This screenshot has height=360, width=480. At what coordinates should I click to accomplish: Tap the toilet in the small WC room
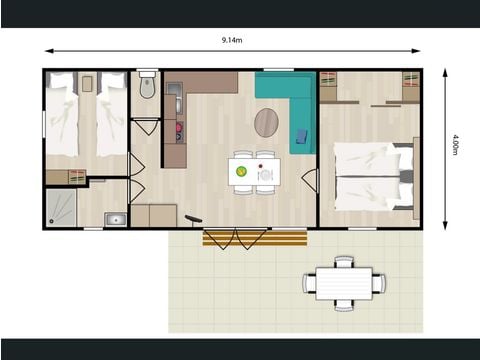[x=147, y=87]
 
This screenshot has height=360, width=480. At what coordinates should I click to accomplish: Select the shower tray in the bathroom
[x=60, y=207]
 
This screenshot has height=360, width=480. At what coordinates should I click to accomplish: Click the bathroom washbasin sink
[x=115, y=218]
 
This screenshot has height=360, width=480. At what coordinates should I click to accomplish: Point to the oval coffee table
[x=267, y=123]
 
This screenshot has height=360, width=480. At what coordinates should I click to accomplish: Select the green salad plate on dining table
[x=241, y=171]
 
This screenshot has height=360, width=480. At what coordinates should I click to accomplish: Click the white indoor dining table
[x=253, y=171]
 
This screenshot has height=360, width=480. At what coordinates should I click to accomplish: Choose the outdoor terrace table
[x=344, y=282]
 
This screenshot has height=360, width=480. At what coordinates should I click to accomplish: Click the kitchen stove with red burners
[x=179, y=131]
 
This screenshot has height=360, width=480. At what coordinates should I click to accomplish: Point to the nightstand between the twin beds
[x=87, y=82]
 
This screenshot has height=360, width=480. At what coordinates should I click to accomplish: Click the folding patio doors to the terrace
[x=236, y=237]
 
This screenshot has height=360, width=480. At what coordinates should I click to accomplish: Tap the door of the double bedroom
[x=310, y=180]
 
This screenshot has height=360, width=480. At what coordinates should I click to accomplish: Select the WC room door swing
[x=146, y=126]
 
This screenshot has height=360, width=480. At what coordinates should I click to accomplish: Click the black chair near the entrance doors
[x=193, y=219]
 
